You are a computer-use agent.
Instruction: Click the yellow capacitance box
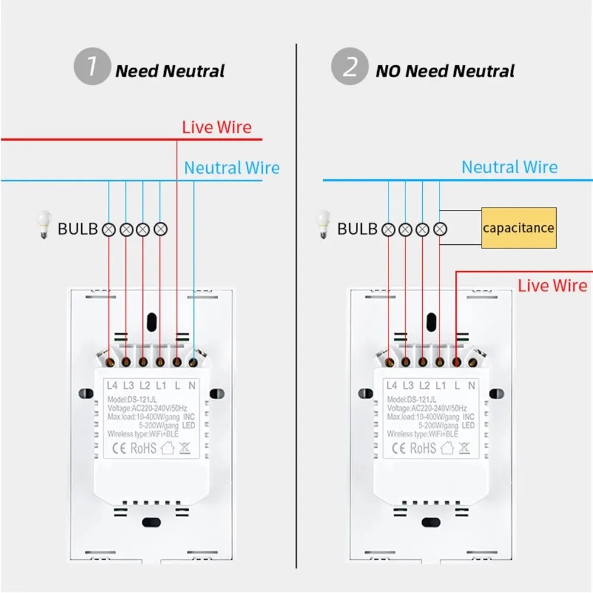pos(519,228)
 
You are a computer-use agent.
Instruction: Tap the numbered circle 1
pos(91,67)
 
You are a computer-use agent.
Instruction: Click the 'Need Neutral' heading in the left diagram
pos(170,71)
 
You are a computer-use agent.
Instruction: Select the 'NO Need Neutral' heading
pos(445,71)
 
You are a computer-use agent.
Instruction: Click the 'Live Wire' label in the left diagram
pos(216,127)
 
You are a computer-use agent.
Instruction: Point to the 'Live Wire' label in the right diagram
pos(553,285)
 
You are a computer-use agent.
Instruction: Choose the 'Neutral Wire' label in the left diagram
pos(231,168)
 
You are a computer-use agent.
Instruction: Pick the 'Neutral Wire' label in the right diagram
pos(509,167)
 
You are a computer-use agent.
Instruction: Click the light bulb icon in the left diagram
pos(42,225)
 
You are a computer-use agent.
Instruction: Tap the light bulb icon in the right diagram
pos(323,225)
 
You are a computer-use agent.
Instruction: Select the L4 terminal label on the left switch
pos(113,385)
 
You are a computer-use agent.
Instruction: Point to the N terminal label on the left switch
pos(192,385)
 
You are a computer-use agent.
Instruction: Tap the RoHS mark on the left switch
pos(143,448)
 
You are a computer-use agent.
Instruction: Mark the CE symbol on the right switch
pos(397,448)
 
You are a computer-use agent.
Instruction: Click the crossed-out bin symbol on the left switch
pos(184,448)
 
